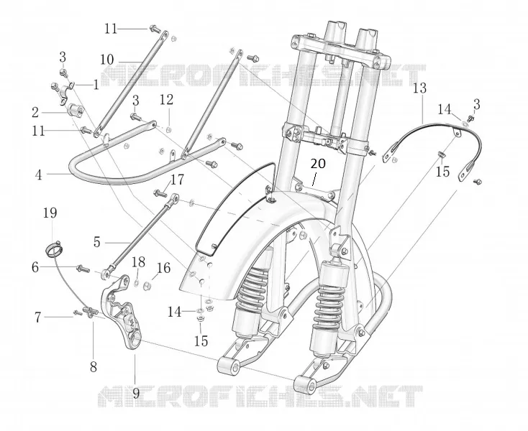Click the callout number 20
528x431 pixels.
(318, 164)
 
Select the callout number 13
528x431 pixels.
(419, 88)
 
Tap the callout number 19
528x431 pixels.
(50, 213)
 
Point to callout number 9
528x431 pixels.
(136, 393)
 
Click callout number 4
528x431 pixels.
(39, 175)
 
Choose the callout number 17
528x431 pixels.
(177, 180)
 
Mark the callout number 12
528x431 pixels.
(167, 100)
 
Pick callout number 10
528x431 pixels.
(107, 60)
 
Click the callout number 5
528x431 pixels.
(97, 242)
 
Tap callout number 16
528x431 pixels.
(164, 268)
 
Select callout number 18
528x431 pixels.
(138, 262)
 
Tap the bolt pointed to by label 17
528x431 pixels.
(160, 193)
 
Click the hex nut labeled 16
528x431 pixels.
(147, 286)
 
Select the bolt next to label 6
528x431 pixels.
(83, 269)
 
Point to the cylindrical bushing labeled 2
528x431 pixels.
(74, 111)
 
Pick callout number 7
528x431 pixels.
(37, 317)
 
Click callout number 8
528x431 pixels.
(94, 367)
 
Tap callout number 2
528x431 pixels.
(35, 113)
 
